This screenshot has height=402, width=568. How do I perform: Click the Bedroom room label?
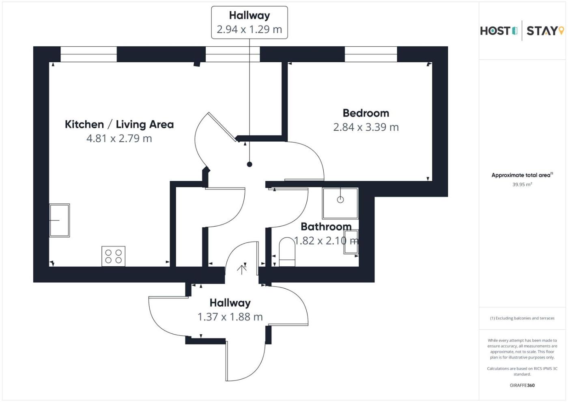(x=366, y=113)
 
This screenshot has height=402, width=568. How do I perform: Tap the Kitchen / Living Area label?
(x=119, y=124)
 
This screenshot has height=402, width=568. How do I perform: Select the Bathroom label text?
(x=326, y=227)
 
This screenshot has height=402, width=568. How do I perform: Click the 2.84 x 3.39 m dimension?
(x=366, y=127)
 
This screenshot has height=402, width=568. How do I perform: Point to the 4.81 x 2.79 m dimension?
(x=119, y=138)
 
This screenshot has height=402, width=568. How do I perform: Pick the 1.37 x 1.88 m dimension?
(x=230, y=317)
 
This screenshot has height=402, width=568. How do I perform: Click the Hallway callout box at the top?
(x=250, y=23)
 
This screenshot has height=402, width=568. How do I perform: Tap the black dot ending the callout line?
(x=250, y=164)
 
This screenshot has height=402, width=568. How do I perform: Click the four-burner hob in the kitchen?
(x=113, y=256)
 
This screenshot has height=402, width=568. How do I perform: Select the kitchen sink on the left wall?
(x=60, y=220)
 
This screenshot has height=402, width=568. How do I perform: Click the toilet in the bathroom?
(x=287, y=252)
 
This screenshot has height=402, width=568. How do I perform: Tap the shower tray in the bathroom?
(x=340, y=203)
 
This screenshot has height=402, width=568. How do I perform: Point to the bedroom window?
(x=371, y=54)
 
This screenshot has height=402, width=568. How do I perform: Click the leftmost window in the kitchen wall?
(x=88, y=54)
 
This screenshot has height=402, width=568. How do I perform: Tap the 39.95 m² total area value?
(x=522, y=184)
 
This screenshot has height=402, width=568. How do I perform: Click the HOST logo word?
(x=495, y=31)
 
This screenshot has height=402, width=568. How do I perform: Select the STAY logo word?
(x=542, y=31)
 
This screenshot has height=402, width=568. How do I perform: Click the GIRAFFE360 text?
(x=522, y=385)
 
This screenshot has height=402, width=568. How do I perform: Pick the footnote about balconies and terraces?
(x=522, y=318)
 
